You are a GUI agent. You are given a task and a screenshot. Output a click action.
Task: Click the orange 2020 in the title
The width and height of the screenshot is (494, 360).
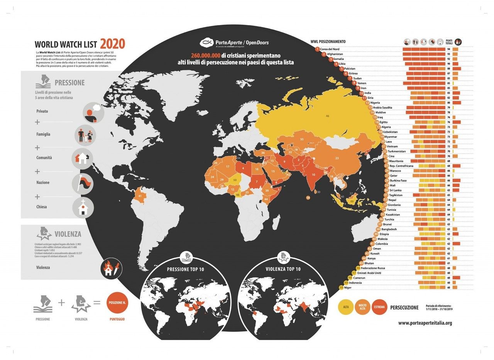(x=113, y=44)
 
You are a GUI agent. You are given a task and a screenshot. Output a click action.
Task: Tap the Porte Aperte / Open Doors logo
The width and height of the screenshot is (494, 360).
(x=234, y=43)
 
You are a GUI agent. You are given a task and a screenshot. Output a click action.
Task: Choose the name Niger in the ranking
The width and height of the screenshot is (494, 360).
(x=348, y=287)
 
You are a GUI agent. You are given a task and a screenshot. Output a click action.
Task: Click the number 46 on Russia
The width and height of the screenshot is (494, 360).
(x=327, y=116)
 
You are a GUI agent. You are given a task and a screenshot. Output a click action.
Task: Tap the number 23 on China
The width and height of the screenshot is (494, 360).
(x=337, y=158)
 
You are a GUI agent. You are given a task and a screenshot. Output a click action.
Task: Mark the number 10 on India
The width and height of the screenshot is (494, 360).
(x=313, y=174)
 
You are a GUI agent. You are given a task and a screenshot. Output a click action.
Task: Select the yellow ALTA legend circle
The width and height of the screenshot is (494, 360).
(x=345, y=308)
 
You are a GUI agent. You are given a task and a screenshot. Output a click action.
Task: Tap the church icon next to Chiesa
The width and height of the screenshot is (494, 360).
(x=83, y=207)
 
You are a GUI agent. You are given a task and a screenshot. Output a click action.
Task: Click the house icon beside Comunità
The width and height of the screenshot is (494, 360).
(x=83, y=158)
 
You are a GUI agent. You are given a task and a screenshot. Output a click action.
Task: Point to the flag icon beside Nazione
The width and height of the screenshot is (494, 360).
(x=83, y=183)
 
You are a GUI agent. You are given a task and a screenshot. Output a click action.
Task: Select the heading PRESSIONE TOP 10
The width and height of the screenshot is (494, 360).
(x=185, y=269)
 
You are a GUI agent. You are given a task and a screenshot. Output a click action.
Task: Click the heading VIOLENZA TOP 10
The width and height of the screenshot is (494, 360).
(x=283, y=269)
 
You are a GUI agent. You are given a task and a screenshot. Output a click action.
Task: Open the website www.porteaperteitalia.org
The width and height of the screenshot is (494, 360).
(x=425, y=323)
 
